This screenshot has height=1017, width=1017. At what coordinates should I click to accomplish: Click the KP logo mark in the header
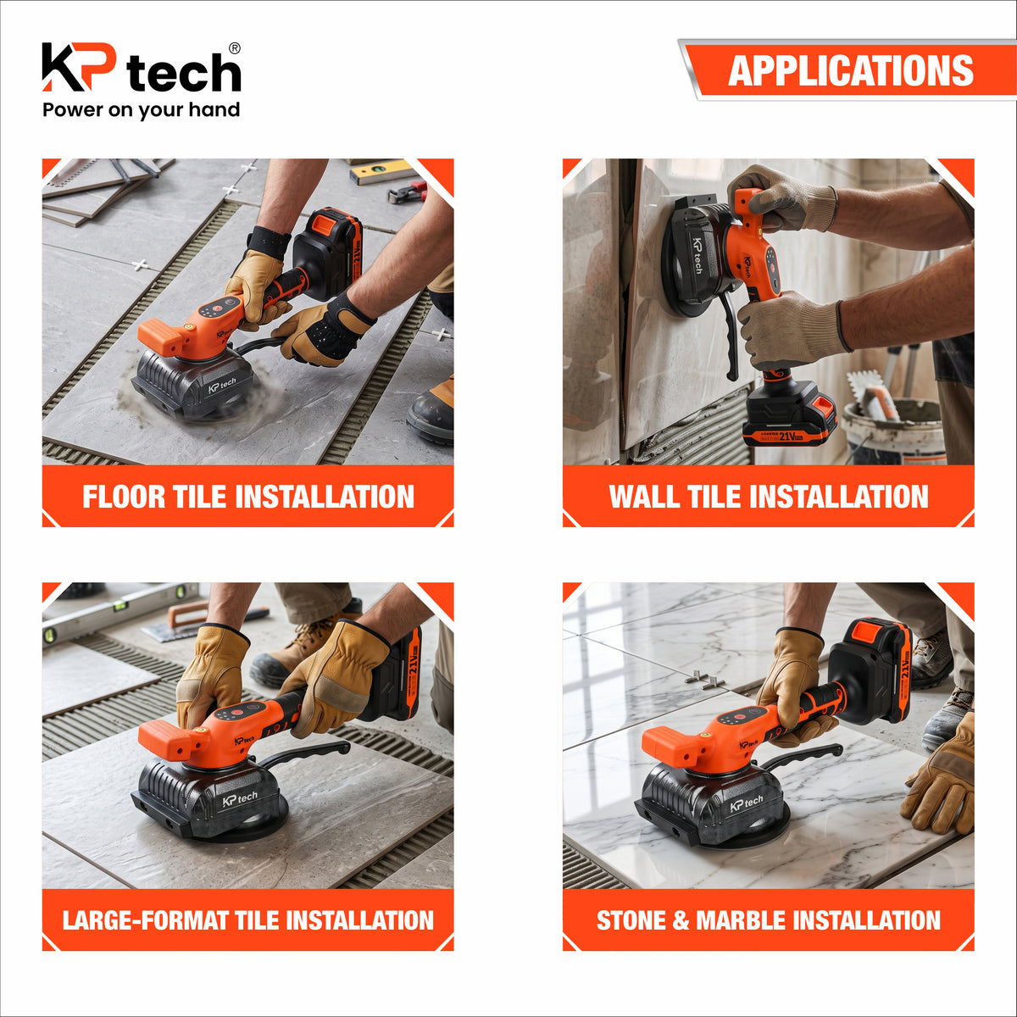pos(79,66)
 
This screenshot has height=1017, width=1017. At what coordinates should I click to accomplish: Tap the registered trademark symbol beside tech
pos(234,48)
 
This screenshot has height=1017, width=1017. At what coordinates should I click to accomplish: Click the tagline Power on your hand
pos(141,110)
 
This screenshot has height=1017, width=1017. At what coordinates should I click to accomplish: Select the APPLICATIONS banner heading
pos(850,70)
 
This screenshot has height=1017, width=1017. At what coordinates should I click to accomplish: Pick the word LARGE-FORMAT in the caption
pos(145,920)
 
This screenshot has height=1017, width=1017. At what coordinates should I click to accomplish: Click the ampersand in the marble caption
pos(682,920)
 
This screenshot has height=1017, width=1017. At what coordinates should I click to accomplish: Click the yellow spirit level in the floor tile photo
pos(383,172)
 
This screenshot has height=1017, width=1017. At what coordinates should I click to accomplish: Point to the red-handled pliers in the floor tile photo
pos(408,192)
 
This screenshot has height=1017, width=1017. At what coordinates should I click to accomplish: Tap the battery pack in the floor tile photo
pos(328,253)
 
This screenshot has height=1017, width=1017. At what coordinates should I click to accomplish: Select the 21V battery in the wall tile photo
pos(790,414)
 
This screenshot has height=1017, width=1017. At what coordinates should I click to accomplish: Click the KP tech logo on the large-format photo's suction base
pos(240,798)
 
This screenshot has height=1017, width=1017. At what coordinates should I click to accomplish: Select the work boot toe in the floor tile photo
pos(431,417)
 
